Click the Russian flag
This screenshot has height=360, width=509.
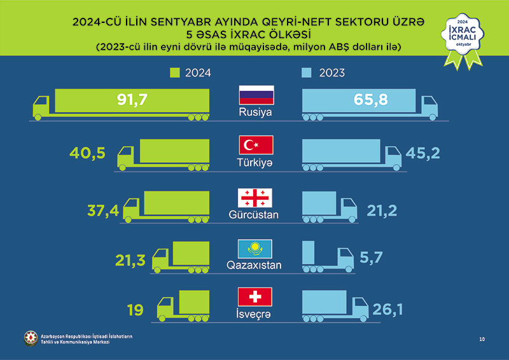pos(256,95)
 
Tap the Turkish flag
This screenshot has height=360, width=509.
pos(256,146)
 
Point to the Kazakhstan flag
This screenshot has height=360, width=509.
pos(254,247)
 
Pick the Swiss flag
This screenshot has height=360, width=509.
pos(254,296)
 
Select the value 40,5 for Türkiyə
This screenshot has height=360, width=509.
pos(88,153)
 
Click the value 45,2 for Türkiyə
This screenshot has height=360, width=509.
pos(423,153)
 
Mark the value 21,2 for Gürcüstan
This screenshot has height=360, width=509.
pos(382,211)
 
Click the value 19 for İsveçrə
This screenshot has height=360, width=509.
pos(135,310)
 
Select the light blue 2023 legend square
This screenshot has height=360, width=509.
pos(307,72)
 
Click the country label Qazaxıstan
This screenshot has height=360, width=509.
pos(254,265)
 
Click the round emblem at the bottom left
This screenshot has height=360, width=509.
pos(30,338)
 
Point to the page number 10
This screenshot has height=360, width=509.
pos(482,339)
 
